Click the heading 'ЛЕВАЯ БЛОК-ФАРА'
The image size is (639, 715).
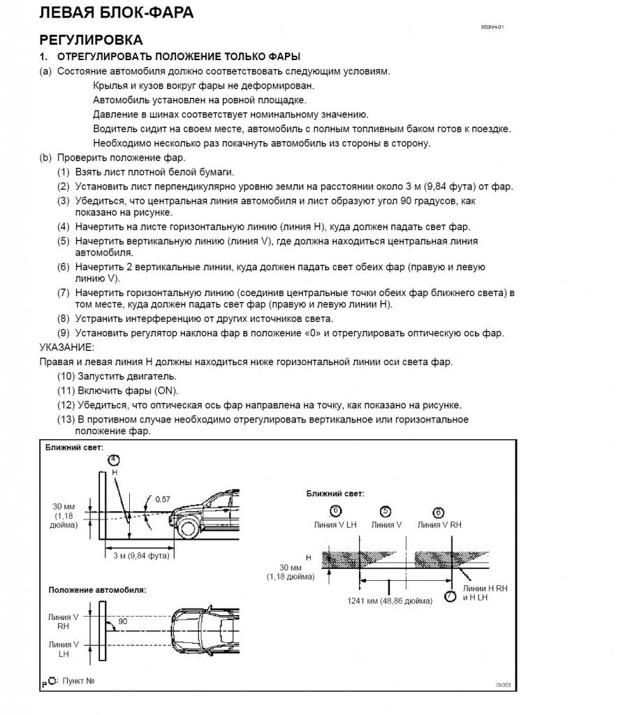click(117, 13)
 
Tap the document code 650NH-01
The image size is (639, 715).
click(492, 27)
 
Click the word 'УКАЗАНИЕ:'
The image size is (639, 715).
click(67, 347)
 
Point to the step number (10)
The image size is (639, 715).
click(67, 376)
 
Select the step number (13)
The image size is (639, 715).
click(67, 420)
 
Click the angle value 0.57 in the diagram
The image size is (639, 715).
click(163, 499)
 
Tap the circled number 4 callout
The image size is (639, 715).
click(114, 459)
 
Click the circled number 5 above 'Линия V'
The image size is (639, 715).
click(385, 511)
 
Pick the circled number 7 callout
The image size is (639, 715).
click(450, 596)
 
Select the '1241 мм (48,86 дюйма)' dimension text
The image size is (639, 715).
click(390, 600)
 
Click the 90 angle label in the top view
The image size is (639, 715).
click(122, 621)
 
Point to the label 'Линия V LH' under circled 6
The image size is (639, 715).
click(335, 525)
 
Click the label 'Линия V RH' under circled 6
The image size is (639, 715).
click(439, 525)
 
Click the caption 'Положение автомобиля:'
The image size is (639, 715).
click(97, 590)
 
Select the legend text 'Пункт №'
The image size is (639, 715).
click(78, 680)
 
